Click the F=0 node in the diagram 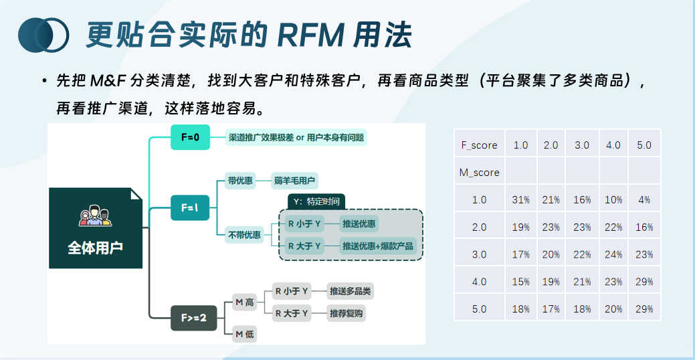point(190,137)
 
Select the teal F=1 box point(190,207)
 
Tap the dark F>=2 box point(194,317)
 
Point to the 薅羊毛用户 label point(295,181)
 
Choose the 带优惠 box point(240,181)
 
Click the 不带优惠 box point(244,235)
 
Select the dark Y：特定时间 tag point(316,201)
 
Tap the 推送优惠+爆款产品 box point(378,246)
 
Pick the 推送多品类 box point(349,291)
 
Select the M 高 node point(245,302)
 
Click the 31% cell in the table point(520,200)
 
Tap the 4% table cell point(644,200)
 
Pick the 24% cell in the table point(613,254)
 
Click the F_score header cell point(479,145)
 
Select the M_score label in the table point(479,173)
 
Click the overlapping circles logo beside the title point(44,34)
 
